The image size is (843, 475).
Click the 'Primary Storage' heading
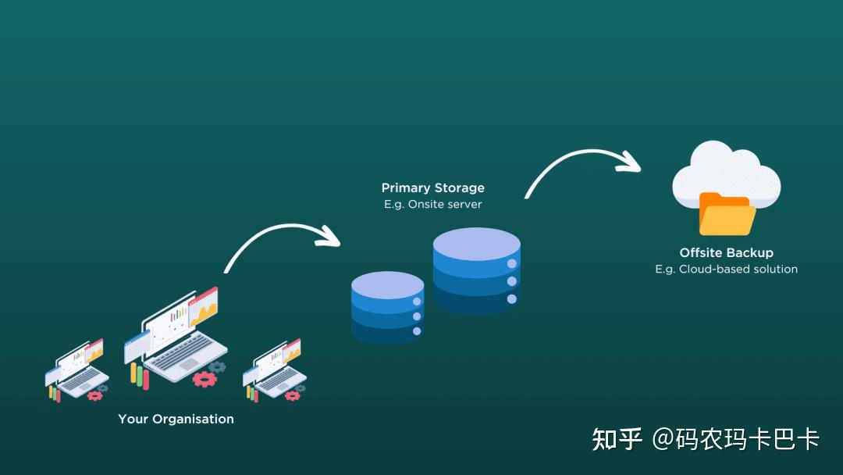(432, 188)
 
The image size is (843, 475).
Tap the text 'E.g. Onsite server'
(432, 205)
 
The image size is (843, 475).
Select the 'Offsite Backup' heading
(726, 253)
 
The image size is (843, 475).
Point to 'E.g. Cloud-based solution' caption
(726, 270)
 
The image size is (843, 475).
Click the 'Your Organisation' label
(176, 420)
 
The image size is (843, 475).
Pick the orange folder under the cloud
(726, 214)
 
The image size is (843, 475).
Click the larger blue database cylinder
(476, 273)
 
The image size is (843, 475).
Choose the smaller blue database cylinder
(387, 309)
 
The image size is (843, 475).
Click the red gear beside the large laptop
(205, 380)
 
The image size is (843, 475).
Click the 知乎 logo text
(617, 440)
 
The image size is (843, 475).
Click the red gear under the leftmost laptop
(94, 396)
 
